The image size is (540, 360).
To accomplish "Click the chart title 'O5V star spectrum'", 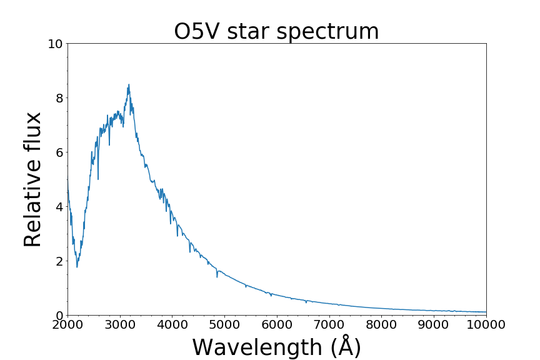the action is click(276, 31).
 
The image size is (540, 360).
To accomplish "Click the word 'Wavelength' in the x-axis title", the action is click(257, 347).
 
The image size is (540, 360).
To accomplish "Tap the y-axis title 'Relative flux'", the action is click(32, 179).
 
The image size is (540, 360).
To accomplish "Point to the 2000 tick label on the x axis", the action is click(67, 324).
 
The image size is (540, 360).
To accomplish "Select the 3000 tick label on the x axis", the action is click(120, 324).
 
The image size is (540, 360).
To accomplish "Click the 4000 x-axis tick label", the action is click(172, 324).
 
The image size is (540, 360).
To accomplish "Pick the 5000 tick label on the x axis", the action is click(224, 324).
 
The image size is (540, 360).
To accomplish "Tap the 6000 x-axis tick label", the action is click(277, 324).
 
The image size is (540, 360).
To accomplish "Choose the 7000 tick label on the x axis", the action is click(329, 324).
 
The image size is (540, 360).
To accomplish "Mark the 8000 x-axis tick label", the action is click(382, 324).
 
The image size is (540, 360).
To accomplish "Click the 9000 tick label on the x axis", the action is click(434, 324).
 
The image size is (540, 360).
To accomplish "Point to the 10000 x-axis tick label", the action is click(486, 324).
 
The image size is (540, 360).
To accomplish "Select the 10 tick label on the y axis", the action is click(56, 44).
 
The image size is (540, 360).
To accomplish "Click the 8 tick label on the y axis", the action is click(59, 98).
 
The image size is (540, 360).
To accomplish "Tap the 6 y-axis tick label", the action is click(59, 152).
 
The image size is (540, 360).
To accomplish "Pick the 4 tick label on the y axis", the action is click(59, 207).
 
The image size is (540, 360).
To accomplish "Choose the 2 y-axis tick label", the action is click(59, 261).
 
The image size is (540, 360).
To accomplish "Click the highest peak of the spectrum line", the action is click(129, 84).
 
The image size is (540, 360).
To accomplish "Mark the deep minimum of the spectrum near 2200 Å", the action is click(77, 267).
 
